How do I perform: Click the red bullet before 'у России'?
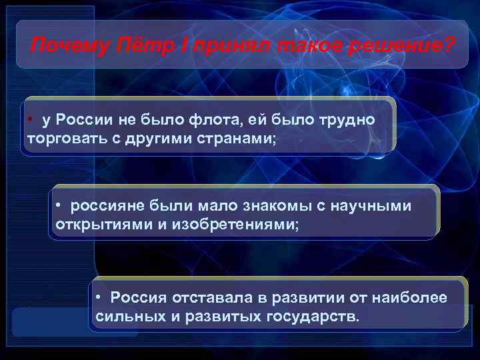[31, 119]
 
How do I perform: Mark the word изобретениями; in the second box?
[235, 223]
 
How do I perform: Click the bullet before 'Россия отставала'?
[98, 296]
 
